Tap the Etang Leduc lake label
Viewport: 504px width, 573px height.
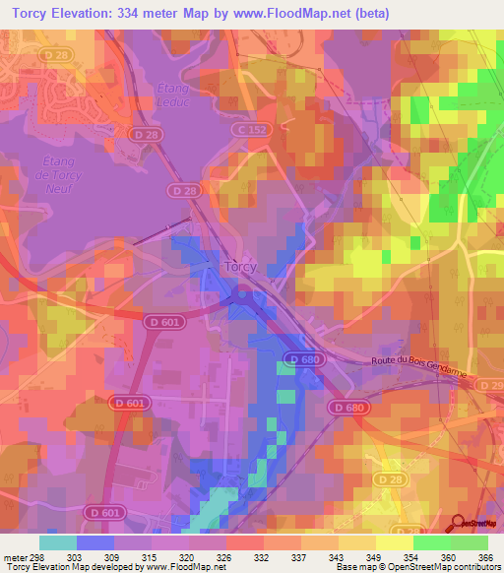click(x=172, y=95)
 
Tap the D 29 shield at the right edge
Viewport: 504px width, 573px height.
click(x=495, y=382)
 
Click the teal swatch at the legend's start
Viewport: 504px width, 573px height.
click(x=57, y=542)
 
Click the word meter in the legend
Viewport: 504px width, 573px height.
click(x=12, y=556)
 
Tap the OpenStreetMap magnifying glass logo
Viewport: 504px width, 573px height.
click(x=458, y=525)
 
